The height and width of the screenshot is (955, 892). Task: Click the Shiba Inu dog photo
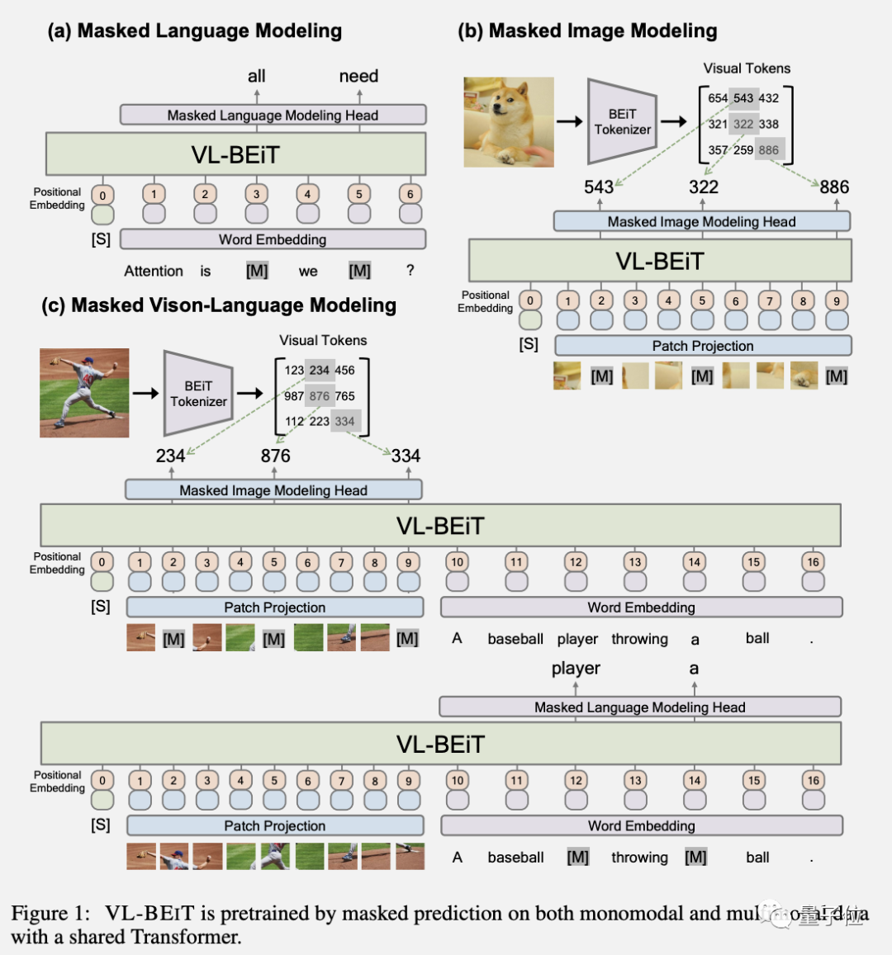coord(509,122)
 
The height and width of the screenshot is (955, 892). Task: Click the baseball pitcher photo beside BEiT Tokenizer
coord(84,393)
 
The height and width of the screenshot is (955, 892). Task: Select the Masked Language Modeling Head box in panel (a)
coord(273,115)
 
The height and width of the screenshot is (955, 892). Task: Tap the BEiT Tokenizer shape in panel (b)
coord(621,121)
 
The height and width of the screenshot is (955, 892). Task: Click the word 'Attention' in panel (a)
coord(154,271)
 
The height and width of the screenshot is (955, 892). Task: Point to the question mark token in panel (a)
coord(410,270)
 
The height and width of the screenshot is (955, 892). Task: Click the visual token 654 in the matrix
coord(718,98)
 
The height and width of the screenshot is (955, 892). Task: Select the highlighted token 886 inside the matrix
coord(769,150)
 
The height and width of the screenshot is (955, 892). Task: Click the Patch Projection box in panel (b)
coord(703,346)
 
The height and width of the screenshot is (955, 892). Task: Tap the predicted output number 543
coord(599,187)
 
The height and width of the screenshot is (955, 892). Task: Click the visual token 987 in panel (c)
coord(294,396)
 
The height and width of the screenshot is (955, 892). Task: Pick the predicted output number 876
coord(276,456)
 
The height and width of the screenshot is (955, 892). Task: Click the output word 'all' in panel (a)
coord(257,76)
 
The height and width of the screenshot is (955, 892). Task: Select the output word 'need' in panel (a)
coord(358,76)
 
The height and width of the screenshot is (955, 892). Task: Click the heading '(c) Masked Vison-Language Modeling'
coord(219,305)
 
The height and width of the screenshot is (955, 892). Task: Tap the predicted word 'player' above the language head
coord(576,669)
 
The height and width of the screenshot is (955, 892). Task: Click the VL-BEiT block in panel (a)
coord(236,154)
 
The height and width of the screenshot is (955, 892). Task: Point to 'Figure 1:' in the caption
coord(50,914)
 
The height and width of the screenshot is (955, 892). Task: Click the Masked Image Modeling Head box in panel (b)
coord(701,221)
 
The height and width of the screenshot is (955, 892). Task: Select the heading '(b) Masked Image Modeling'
coord(587,31)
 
